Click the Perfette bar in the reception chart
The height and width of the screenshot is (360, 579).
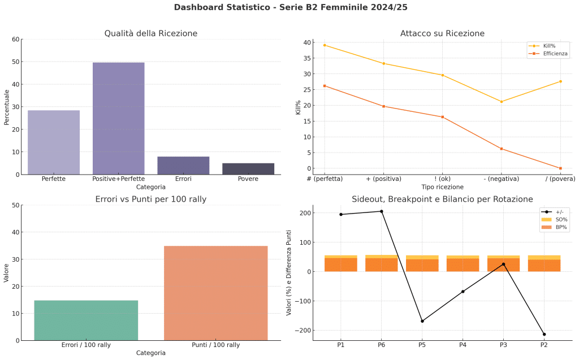click(x=54, y=142)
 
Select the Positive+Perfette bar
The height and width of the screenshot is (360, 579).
click(x=118, y=119)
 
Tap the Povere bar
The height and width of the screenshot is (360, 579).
click(x=248, y=169)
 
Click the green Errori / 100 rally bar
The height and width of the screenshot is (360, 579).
click(x=86, y=320)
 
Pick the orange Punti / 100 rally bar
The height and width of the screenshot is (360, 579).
click(x=215, y=293)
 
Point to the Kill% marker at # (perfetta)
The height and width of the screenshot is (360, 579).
click(x=325, y=45)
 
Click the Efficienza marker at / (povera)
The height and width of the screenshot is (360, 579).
click(x=560, y=168)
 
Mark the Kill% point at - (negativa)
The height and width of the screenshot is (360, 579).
click(x=502, y=102)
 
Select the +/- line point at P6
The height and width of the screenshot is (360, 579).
click(x=382, y=211)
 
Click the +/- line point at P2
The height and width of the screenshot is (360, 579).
click(x=545, y=334)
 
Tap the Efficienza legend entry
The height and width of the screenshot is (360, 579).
click(x=549, y=54)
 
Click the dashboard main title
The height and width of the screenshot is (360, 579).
click(x=290, y=7)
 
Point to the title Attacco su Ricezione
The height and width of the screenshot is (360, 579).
click(x=442, y=33)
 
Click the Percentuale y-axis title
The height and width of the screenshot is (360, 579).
click(x=7, y=107)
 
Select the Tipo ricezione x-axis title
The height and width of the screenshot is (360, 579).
click(x=442, y=187)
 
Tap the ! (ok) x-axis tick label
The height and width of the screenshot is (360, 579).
click(x=442, y=179)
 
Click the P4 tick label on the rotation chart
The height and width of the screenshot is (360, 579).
click(x=463, y=344)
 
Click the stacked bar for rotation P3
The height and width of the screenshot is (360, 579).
click(x=503, y=264)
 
